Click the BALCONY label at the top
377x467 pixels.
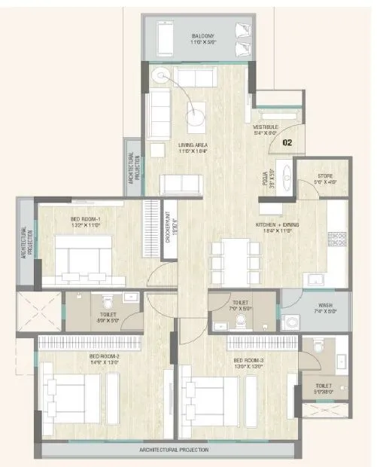pyautogui.click(x=202, y=36)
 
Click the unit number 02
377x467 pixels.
pyautogui.click(x=287, y=141)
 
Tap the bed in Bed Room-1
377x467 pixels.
pyautogui.click(x=83, y=256)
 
